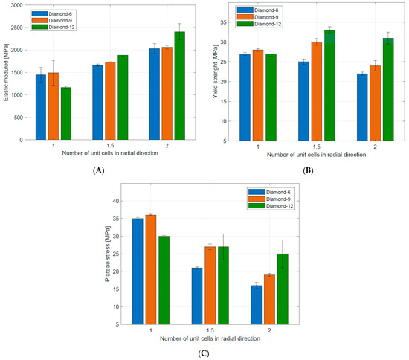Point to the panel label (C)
point(203,354)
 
